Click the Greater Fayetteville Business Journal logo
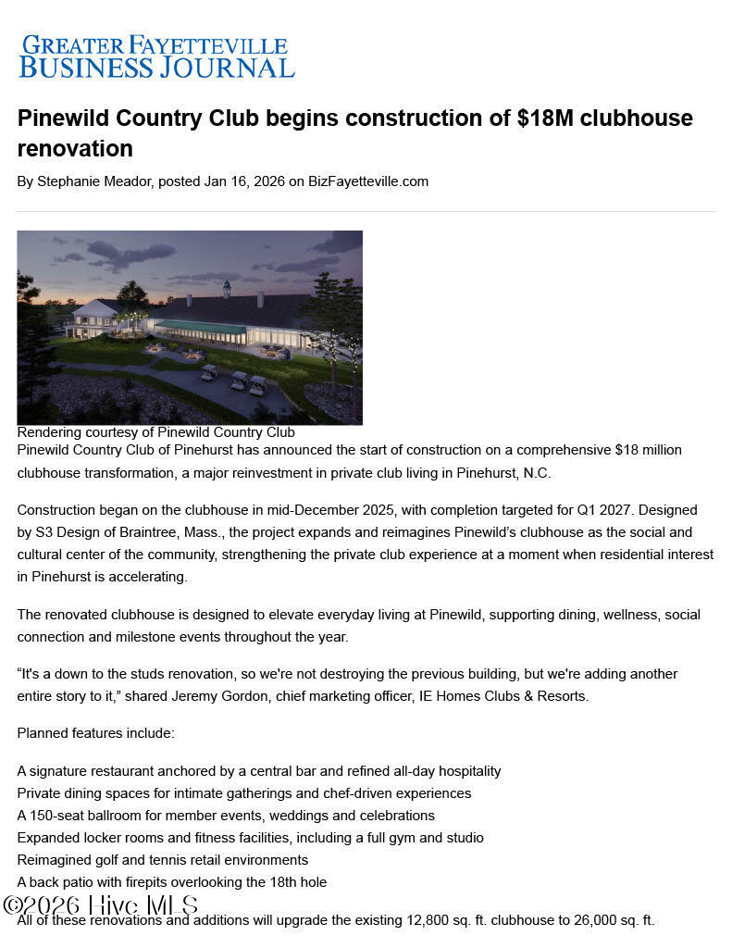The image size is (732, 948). [x=156, y=56]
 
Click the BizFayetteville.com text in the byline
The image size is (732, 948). [x=368, y=181]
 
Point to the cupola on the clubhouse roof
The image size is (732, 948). [x=225, y=288]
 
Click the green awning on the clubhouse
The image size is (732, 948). [x=199, y=327]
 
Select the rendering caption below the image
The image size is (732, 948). [x=155, y=432]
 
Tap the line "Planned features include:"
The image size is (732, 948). [x=95, y=733]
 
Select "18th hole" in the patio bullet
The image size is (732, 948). [x=296, y=882]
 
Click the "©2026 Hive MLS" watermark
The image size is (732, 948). [x=100, y=905]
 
